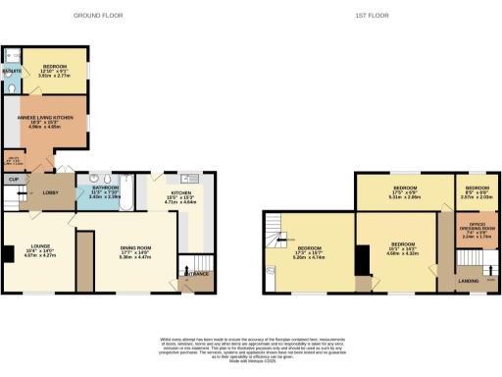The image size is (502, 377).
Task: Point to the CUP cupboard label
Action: tap(14, 179)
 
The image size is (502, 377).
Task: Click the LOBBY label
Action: tap(50, 192)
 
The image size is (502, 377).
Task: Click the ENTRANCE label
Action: tap(198, 273)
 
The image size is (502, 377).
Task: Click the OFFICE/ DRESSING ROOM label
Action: tap(479, 228)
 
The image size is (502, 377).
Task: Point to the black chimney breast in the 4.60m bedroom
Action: tap(360, 260)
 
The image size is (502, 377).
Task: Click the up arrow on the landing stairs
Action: tap(490, 281)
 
